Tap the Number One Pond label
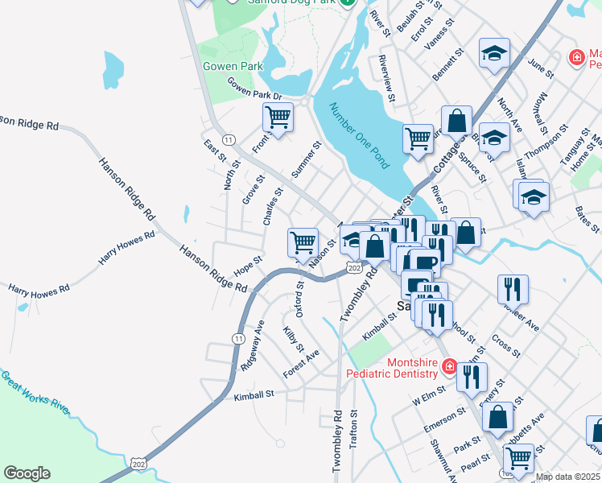coord(359,134)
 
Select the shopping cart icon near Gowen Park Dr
coord(278,118)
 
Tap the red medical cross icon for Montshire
coord(449,368)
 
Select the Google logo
coord(27,473)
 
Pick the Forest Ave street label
coord(302,364)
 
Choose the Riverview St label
coord(386,79)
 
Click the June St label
coord(541,67)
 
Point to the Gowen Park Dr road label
coord(254,89)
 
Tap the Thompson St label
coord(546,142)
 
